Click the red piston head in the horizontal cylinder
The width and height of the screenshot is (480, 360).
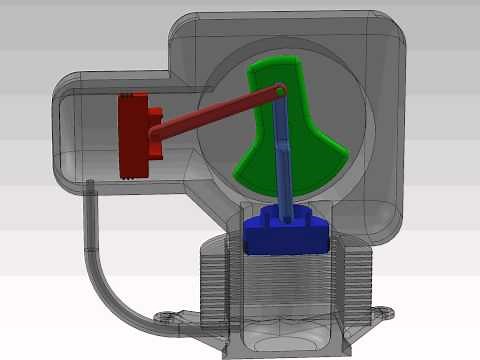coord(131,135)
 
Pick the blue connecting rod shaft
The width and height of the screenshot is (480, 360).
coord(287,160)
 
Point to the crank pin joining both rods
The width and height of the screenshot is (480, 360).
coord(281,91)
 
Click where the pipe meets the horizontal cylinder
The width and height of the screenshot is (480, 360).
coord(91,186)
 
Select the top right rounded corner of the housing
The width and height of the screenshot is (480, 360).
coord(395,30)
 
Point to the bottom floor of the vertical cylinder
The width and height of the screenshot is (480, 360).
coord(286,340)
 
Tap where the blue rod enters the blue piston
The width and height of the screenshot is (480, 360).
coord(291,214)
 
